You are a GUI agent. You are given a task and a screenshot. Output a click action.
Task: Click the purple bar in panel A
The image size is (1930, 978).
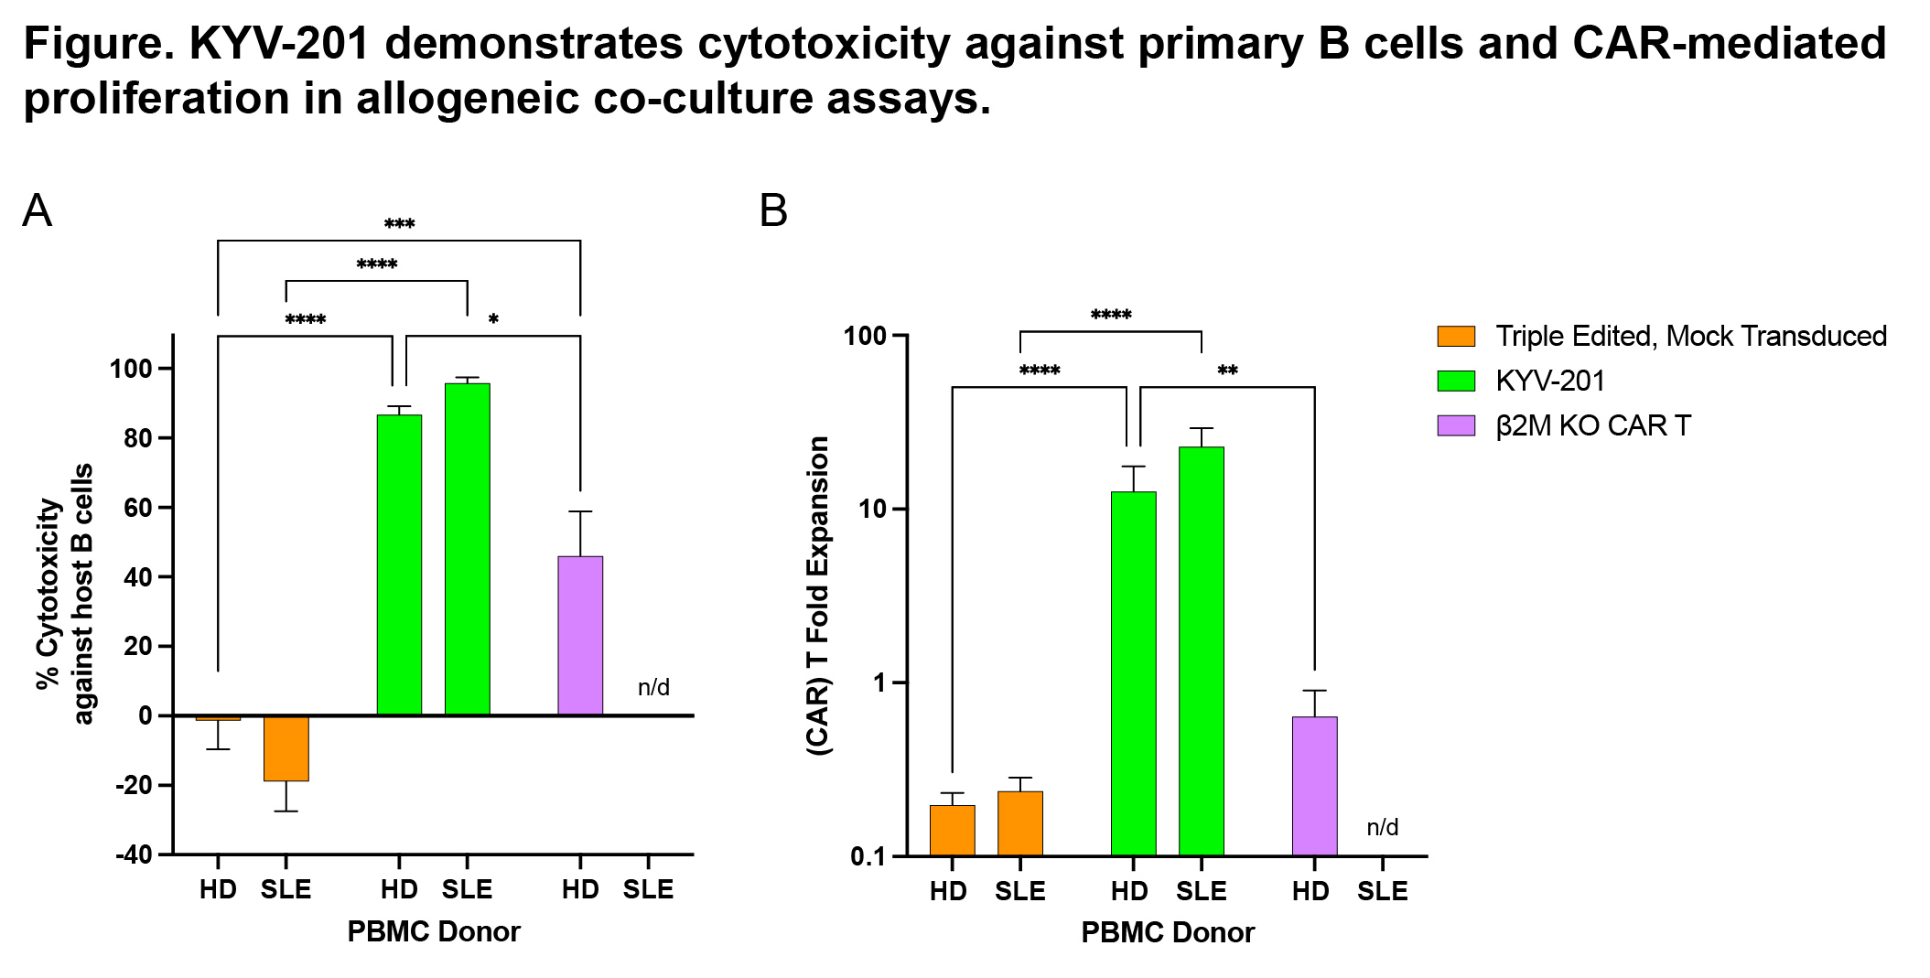coord(580,635)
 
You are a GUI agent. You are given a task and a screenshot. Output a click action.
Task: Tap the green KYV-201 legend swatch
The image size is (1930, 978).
coord(1456,381)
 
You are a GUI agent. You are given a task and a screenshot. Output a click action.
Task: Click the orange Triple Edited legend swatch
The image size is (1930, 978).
coord(1456,336)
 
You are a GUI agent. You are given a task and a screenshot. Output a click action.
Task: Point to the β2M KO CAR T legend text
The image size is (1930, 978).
coord(1593,425)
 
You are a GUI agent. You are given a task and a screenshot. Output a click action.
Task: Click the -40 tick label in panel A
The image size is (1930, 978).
coord(134,854)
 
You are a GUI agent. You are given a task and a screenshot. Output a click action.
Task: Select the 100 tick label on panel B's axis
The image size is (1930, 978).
coord(865,336)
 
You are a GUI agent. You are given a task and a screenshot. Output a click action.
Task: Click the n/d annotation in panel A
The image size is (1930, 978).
coord(653,687)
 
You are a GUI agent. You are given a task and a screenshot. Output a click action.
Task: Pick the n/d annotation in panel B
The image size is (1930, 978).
coord(1382,827)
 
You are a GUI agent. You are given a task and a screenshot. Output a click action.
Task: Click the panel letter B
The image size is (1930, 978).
coord(773,211)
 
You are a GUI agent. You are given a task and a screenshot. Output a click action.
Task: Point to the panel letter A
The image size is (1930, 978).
coord(38,211)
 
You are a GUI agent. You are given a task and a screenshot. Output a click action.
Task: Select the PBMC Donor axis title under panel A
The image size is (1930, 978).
coord(433,931)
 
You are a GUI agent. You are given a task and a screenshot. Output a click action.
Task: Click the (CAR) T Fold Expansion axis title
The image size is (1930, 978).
coord(817,596)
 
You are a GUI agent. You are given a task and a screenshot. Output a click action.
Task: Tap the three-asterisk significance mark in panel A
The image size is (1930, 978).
coord(399,224)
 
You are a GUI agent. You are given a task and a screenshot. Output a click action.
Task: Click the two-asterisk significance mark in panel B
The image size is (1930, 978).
coord(1227,371)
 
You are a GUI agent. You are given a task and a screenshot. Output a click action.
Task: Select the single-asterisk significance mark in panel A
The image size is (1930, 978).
coord(493,319)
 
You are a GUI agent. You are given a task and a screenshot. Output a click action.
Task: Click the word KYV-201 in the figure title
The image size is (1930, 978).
coord(279,44)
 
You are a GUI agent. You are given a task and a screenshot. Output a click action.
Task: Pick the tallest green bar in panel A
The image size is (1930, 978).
coord(467,549)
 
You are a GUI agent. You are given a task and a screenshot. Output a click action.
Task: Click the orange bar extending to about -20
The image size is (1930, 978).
coord(286,748)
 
